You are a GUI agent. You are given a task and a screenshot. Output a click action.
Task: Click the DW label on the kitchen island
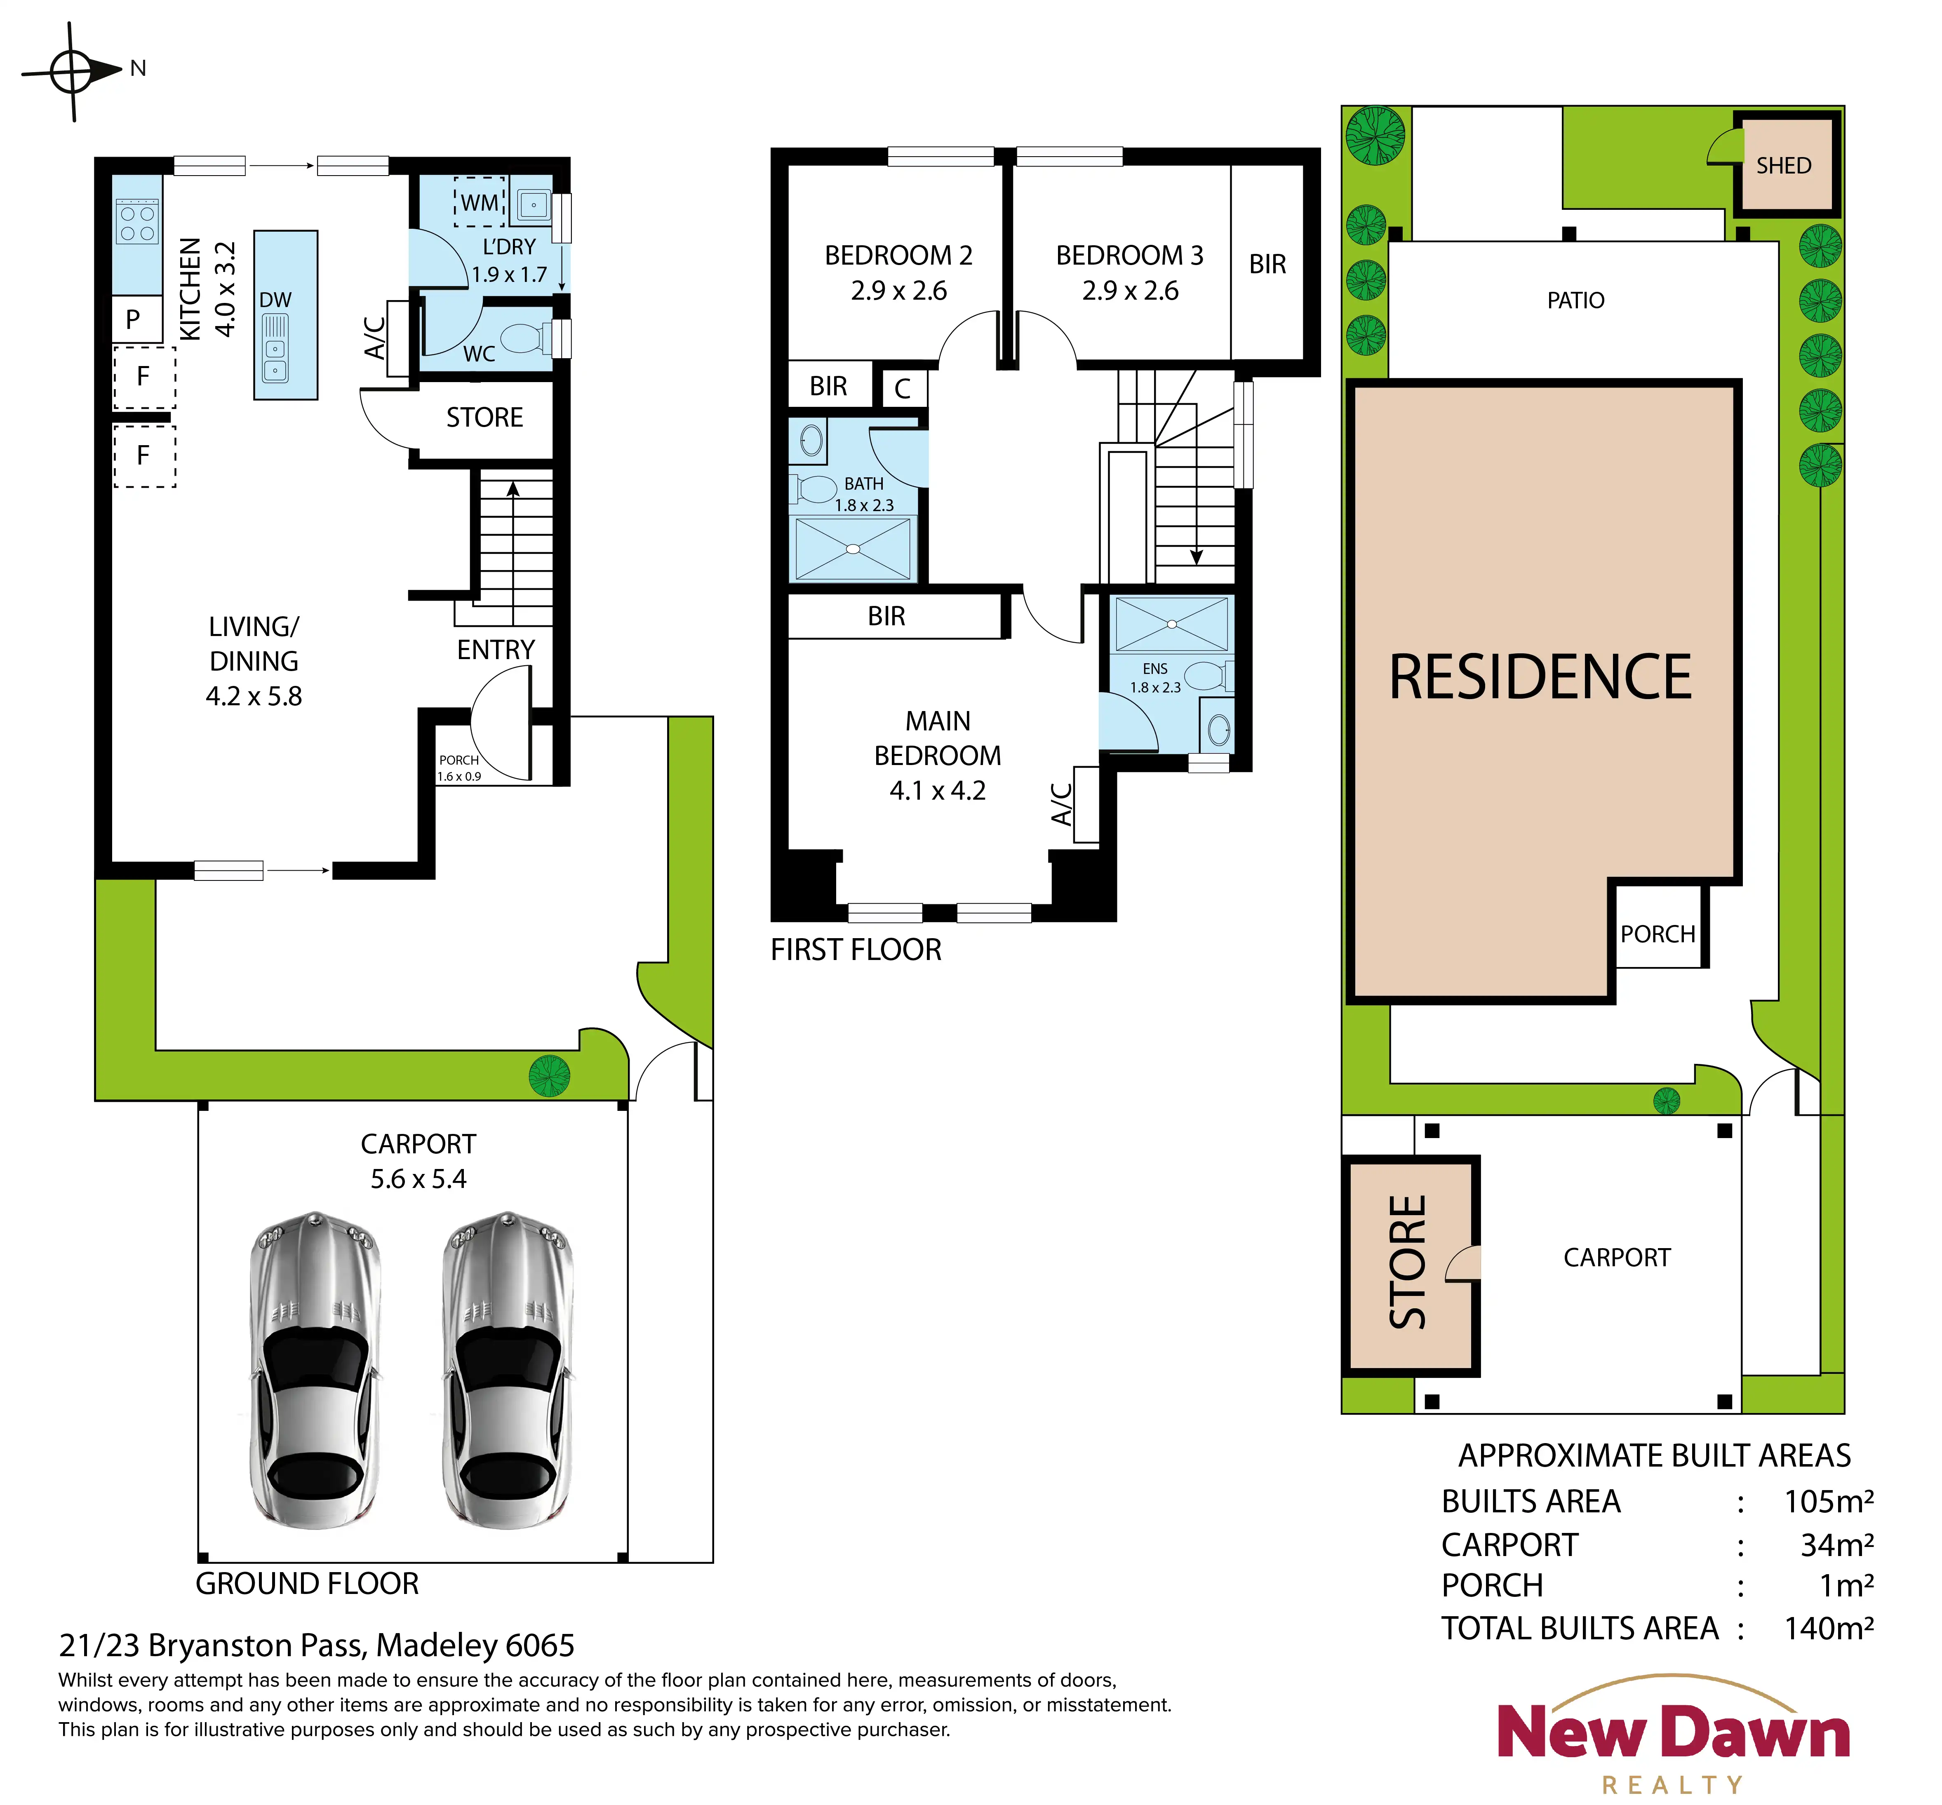pos(275,300)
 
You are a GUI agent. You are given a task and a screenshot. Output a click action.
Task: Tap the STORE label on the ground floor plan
pos(484,418)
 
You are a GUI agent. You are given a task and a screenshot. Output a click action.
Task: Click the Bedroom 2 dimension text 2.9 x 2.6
pos(899,291)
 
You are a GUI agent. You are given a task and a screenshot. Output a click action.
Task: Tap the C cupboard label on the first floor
pos(903,389)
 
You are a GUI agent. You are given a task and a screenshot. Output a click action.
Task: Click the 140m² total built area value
pos(1829,1628)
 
